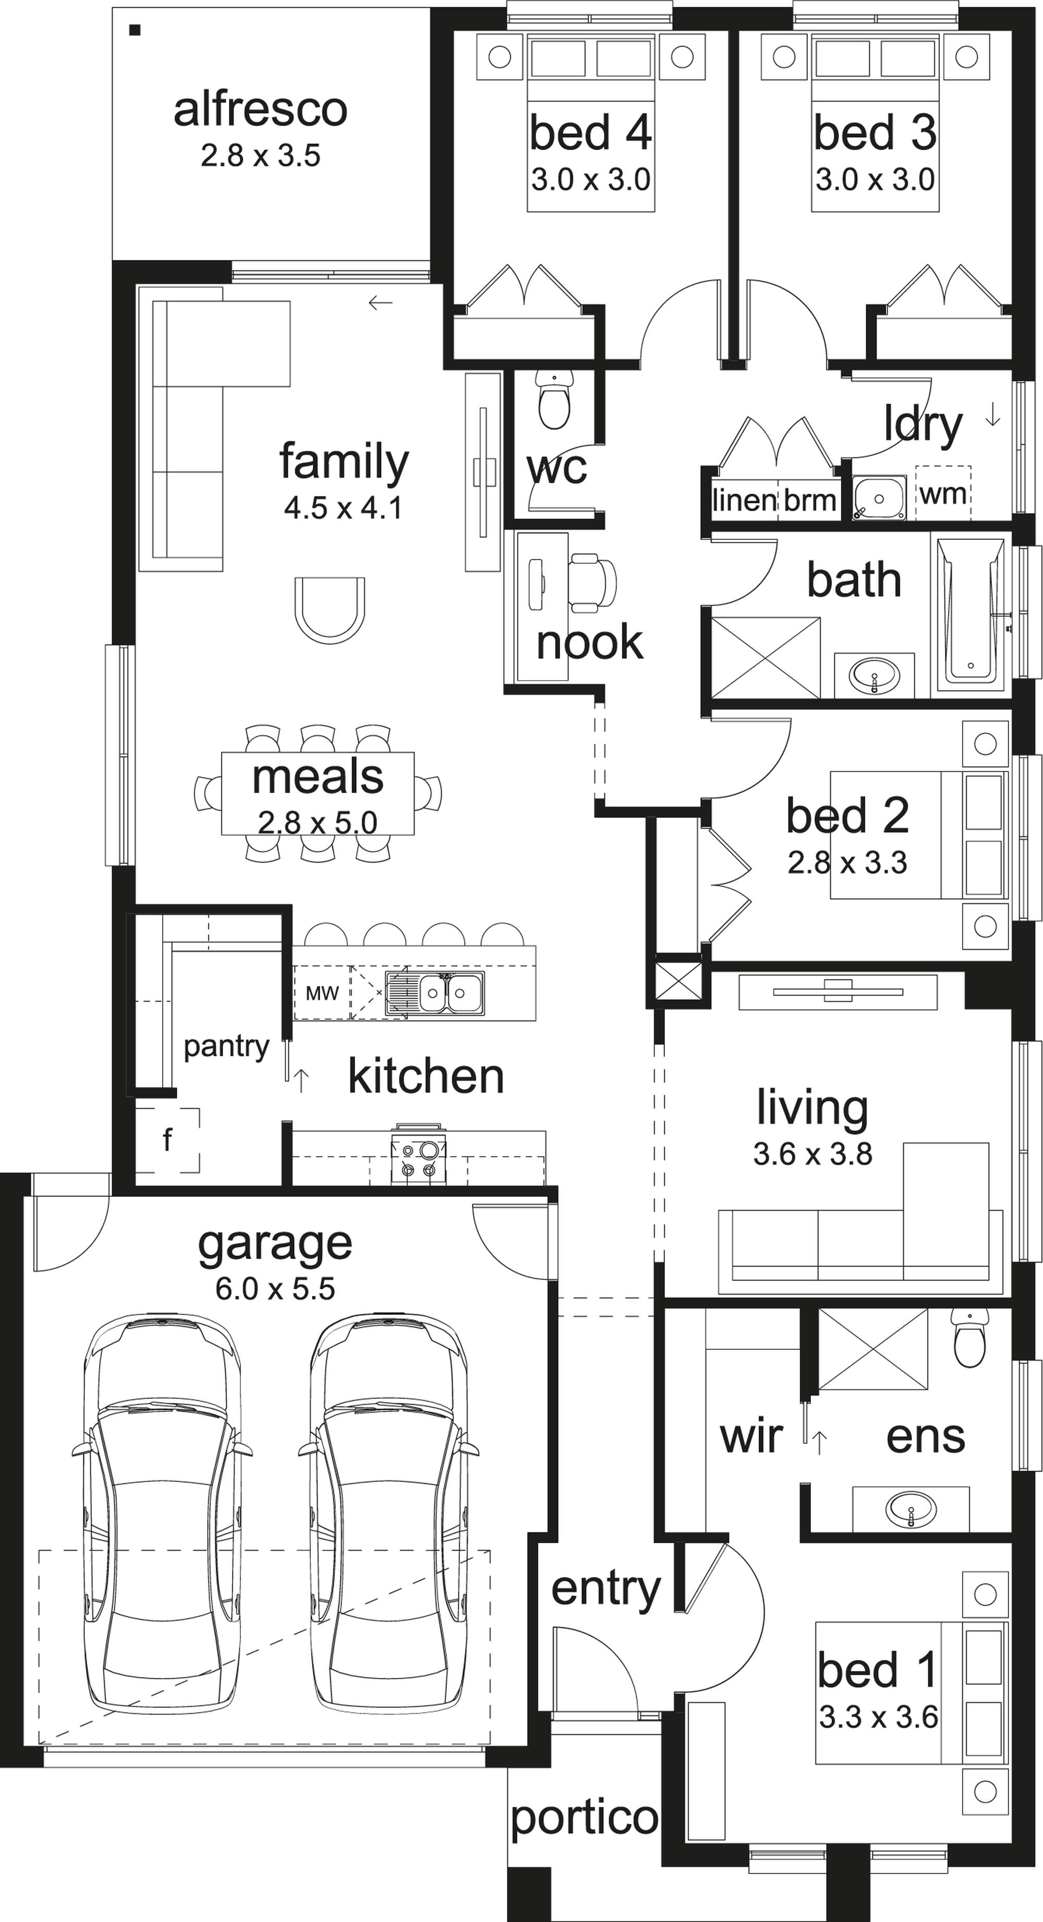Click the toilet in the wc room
554,401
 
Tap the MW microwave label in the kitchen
322,993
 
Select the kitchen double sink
434,993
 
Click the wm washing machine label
943,493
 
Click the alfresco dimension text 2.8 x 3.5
260,156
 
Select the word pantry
226,1047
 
